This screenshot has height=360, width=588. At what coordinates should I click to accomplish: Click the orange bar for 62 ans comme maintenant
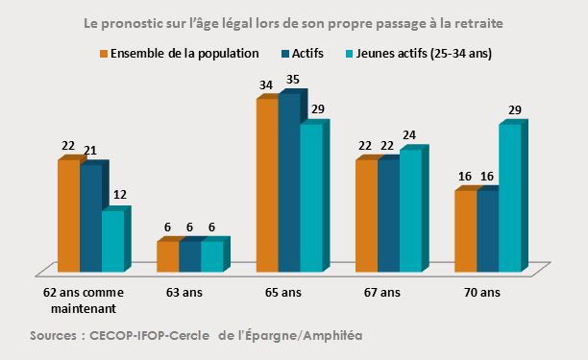[x=68, y=216]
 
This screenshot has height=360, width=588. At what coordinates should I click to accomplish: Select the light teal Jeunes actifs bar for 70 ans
[x=509, y=197]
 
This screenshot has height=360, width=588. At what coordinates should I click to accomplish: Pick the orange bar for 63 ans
[x=167, y=255]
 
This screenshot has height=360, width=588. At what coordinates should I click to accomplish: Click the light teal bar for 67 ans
[x=410, y=210]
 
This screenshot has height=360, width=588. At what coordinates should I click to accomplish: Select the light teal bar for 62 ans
[x=112, y=240]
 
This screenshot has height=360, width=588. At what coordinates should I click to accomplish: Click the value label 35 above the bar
[x=293, y=80]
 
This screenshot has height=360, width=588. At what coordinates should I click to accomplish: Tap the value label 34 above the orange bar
[x=266, y=84]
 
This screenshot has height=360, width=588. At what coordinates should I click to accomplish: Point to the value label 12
[x=119, y=195]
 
